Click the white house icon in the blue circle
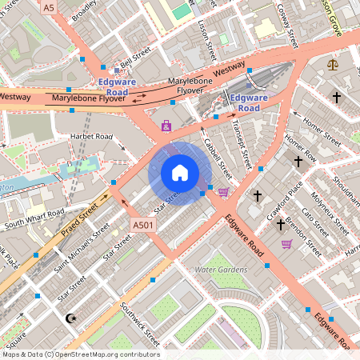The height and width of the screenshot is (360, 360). click(180, 172)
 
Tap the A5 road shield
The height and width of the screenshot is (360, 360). click(50, 7)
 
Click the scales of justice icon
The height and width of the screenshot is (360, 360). click(332, 62)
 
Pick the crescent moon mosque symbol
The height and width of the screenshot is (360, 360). click(71, 318)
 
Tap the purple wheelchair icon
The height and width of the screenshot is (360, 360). click(166, 126)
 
